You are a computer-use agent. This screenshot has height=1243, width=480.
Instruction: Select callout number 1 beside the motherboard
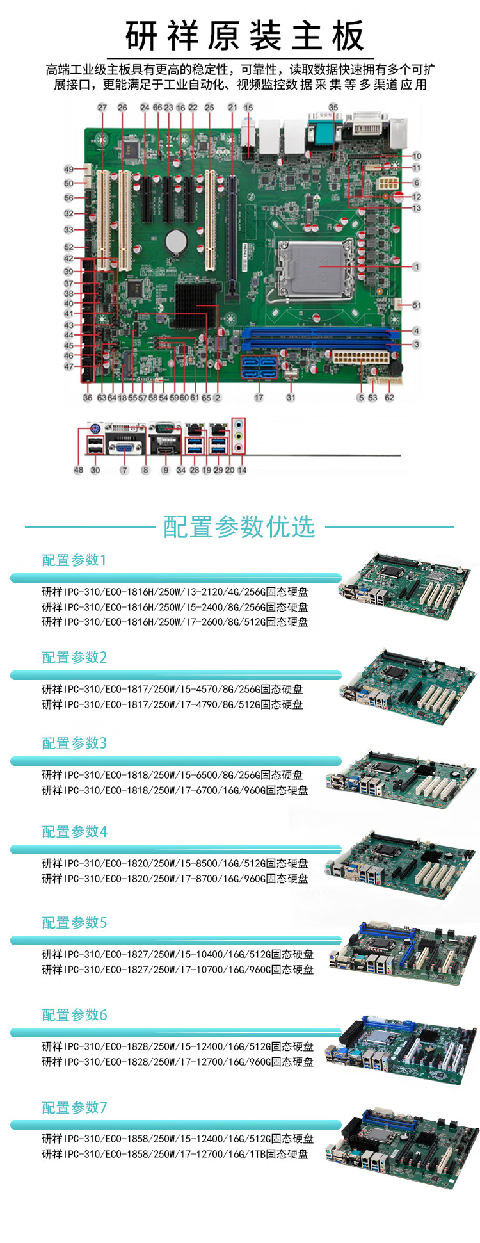pyautogui.click(x=417, y=267)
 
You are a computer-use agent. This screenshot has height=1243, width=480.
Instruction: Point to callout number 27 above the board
pyautogui.click(x=102, y=108)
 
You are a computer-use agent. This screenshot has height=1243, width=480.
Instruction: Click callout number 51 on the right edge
pyautogui.click(x=417, y=305)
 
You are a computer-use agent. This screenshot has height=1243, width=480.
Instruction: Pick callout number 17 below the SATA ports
pyautogui.click(x=259, y=398)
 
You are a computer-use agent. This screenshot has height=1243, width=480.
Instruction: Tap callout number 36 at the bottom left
pyautogui.click(x=88, y=398)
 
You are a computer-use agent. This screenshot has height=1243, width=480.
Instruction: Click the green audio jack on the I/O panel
pyautogui.click(x=239, y=435)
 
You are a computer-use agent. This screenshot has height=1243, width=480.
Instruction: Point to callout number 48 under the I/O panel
pyautogui.click(x=78, y=470)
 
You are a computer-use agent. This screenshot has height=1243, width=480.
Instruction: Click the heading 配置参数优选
pyautogui.click(x=239, y=526)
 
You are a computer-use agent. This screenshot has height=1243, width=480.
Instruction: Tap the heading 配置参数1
pyautogui.click(x=74, y=560)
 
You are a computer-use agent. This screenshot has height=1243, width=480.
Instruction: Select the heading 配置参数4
pyautogui.click(x=74, y=832)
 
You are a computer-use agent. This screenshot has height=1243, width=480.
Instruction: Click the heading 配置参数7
pyautogui.click(x=74, y=1107)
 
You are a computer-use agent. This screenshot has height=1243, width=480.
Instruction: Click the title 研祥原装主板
pyautogui.click(x=245, y=36)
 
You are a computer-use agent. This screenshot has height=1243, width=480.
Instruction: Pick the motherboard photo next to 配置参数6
pyautogui.click(x=403, y=1050)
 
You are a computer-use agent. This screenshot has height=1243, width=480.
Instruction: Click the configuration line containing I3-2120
pyautogui.click(x=175, y=592)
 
